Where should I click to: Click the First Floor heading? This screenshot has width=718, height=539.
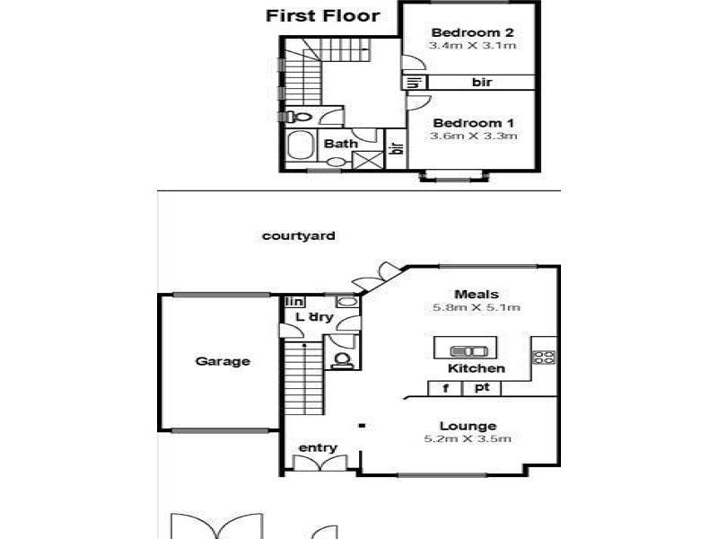pyautogui.click(x=323, y=16)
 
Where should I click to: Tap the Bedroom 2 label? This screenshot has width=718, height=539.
pyautogui.click(x=472, y=32)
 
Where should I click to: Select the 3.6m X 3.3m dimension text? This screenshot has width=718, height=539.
pyautogui.click(x=474, y=137)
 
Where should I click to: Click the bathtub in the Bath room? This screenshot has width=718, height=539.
pyautogui.click(x=301, y=145)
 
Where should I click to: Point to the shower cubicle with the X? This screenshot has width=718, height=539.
pyautogui.click(x=368, y=161)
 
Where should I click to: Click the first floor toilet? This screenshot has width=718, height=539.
pyautogui.click(x=298, y=117)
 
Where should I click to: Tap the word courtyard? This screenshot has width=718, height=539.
pyautogui.click(x=299, y=236)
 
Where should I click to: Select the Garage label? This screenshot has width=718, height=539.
pyautogui.click(x=223, y=361)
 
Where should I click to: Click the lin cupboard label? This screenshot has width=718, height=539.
pyautogui.click(x=294, y=302)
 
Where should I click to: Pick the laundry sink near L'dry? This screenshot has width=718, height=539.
pyautogui.click(x=347, y=301)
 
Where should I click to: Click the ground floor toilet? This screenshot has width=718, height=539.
pyautogui.click(x=342, y=360)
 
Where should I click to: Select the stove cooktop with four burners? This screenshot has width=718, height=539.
pyautogui.click(x=544, y=357)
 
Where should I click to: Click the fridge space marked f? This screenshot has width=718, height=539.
pyautogui.click(x=445, y=388)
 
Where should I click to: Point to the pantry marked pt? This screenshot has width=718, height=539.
pyautogui.click(x=482, y=388)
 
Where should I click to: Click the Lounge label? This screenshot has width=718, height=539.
pyautogui.click(x=468, y=426)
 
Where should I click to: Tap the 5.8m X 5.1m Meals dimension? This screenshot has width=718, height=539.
pyautogui.click(x=477, y=307)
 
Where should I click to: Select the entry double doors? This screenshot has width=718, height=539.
pyautogui.click(x=320, y=462)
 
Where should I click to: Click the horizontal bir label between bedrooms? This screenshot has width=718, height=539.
pyautogui.click(x=482, y=83)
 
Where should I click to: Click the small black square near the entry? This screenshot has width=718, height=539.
pyautogui.click(x=362, y=426)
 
